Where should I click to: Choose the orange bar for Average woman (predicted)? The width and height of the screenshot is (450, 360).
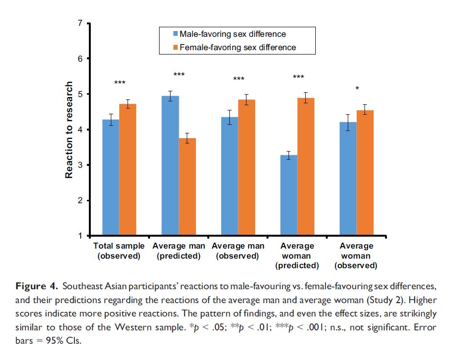coord(305,167)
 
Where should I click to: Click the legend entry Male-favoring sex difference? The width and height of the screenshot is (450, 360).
coord(232,34)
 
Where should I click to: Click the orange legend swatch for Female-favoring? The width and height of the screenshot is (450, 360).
coord(175,47)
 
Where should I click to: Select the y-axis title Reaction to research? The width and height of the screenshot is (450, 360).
coord(69,130)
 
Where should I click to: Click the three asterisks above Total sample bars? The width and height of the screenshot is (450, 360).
coord(119,83)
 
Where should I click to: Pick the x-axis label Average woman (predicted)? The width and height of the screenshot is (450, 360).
coord(297,256)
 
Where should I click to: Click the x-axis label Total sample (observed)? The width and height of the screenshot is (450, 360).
coord(119,251)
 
